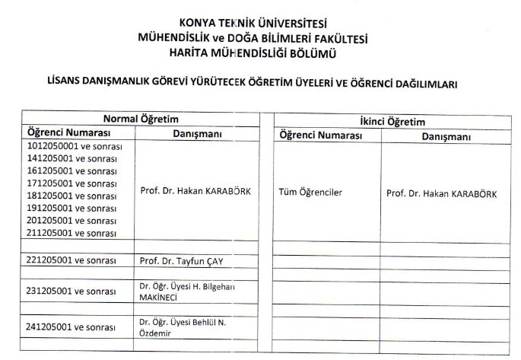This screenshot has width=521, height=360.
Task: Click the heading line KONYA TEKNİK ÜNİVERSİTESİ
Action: pyautogui.click(x=259, y=23)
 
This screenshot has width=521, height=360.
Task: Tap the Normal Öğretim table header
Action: pyautogui.click(x=141, y=118)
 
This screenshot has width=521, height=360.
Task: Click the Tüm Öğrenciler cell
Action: pyautogui.click(x=311, y=193)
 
